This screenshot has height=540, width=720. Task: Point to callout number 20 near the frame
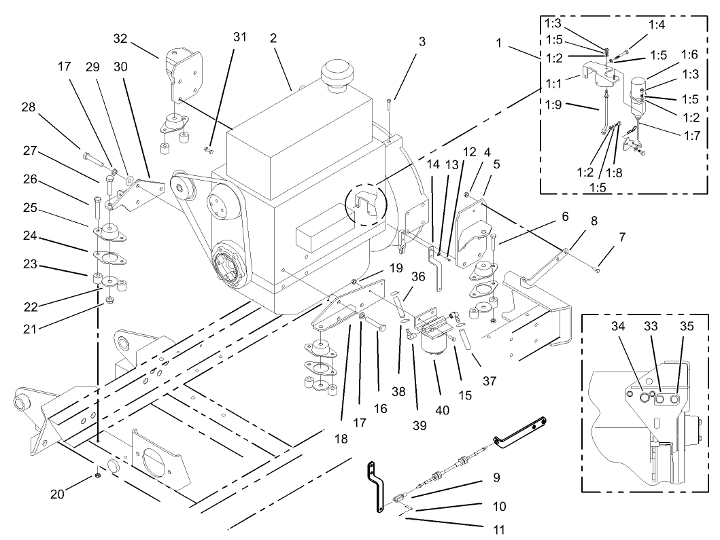coord(57,494)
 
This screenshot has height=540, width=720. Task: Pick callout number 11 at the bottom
coord(497,526)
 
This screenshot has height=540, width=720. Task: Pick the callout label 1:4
coord(656,24)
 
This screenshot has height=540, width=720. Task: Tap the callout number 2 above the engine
coord(273,39)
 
